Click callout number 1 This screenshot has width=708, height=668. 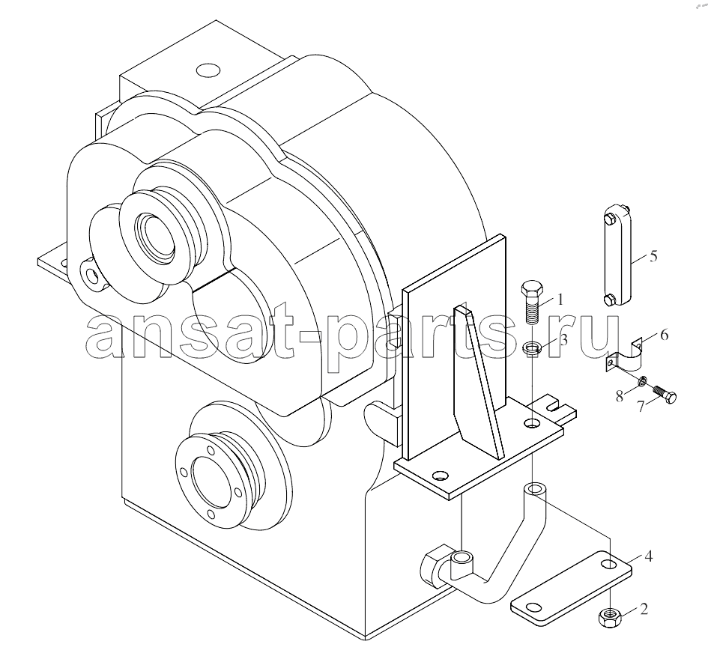(x=560, y=299)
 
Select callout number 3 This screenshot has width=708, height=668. (x=563, y=340)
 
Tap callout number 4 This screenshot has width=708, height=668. (x=648, y=556)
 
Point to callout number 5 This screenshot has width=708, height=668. (x=653, y=256)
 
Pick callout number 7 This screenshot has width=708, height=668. (x=641, y=405)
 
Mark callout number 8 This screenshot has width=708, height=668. (x=619, y=396)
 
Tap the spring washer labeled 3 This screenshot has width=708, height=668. (x=532, y=347)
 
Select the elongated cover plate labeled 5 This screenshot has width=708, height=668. (x=617, y=255)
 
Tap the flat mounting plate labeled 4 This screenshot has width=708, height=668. (x=571, y=588)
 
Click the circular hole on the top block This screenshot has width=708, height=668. (x=208, y=70)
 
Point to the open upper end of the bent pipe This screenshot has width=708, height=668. (x=535, y=489)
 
